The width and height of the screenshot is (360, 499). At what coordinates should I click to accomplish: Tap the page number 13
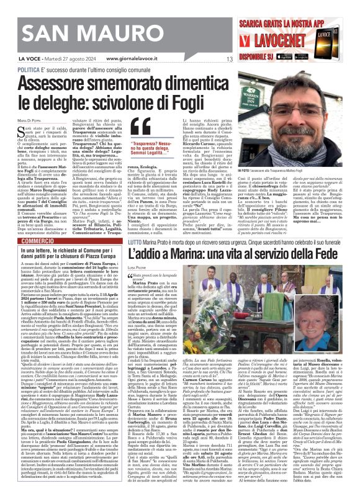tap(230, 59)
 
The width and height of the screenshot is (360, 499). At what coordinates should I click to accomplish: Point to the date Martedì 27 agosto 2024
tap(68, 59)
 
